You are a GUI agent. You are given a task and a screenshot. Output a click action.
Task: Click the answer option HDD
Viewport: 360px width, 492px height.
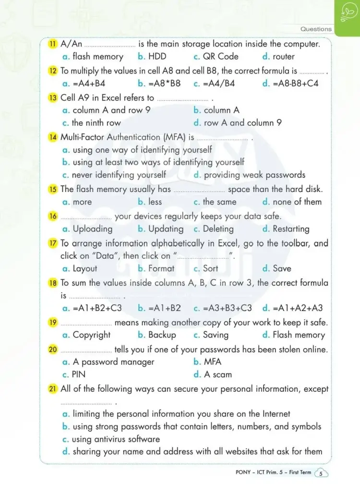click(x=157, y=57)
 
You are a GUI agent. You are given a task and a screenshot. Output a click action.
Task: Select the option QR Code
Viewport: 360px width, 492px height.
click(x=220, y=57)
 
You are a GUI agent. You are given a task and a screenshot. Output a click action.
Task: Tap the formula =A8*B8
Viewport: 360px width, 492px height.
click(x=165, y=84)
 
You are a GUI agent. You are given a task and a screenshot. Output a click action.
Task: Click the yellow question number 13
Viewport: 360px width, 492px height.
click(x=53, y=97)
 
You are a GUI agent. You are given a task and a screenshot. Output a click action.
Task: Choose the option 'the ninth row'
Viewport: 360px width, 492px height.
click(x=96, y=123)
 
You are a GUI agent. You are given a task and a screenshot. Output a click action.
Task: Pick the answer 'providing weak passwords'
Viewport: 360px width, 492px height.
click(x=254, y=175)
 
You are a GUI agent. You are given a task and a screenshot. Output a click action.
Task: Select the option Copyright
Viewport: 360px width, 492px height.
click(x=91, y=335)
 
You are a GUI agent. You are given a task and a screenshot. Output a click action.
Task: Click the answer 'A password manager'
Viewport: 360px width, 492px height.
click(x=113, y=362)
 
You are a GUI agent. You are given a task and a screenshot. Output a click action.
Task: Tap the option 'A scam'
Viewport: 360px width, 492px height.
click(x=217, y=375)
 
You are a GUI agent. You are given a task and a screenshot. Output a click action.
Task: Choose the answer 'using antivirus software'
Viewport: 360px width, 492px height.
click(x=116, y=439)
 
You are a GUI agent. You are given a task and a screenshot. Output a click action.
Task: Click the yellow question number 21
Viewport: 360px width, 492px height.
click(x=53, y=389)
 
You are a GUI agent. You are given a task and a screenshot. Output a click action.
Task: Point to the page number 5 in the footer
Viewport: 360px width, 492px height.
click(x=321, y=474)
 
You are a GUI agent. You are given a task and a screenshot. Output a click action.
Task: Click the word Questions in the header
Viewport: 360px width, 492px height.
click(x=316, y=29)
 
